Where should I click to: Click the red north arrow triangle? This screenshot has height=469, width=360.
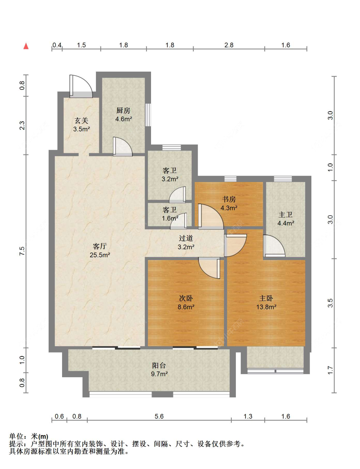26,46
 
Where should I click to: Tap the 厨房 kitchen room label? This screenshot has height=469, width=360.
123,110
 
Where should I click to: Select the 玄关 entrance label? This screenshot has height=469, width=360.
81,121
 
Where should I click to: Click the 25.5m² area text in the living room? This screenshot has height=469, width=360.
100,255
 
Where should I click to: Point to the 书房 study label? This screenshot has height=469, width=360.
229,199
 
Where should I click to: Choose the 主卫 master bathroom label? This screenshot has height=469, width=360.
285,215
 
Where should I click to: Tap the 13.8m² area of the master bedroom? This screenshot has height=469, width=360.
266,307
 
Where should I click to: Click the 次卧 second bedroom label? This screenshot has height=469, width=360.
186,298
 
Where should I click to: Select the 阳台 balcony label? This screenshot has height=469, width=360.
159,365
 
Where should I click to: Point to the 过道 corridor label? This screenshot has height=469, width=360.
186,238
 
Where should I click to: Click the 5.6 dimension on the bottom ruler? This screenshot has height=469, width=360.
159,416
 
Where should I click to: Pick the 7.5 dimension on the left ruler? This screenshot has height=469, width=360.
22,251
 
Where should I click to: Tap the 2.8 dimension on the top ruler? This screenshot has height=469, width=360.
229,45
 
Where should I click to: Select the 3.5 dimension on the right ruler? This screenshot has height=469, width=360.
330,303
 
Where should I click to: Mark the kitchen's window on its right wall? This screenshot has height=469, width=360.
148,115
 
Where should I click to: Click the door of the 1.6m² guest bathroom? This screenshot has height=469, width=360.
179,221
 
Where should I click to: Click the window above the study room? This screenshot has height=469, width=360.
230,179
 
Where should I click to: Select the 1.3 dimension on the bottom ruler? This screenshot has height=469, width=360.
248,416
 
